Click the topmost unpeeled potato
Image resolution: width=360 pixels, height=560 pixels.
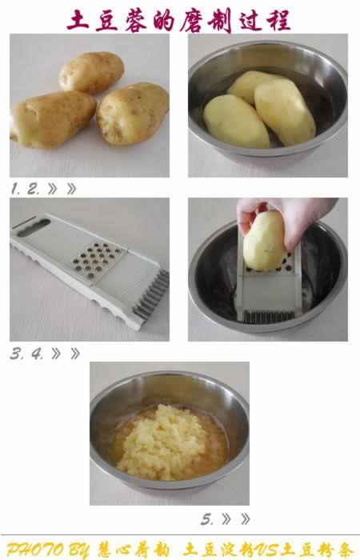91,73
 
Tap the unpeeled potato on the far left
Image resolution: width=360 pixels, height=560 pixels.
54,119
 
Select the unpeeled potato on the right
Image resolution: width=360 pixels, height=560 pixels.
133,114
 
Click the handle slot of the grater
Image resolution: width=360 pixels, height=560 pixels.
34,227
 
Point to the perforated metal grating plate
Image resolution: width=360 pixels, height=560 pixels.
98,260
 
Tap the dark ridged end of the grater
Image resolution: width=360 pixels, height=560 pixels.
151,295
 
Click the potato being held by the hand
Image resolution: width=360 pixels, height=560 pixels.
263,240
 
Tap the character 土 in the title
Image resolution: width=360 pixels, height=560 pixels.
78,20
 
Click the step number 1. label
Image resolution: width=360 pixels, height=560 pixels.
16,189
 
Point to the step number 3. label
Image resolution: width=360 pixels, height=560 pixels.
17,354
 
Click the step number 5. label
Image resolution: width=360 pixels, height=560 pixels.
207,519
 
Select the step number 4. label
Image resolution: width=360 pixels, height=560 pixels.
37,354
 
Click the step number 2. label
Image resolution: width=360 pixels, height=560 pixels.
34,189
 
